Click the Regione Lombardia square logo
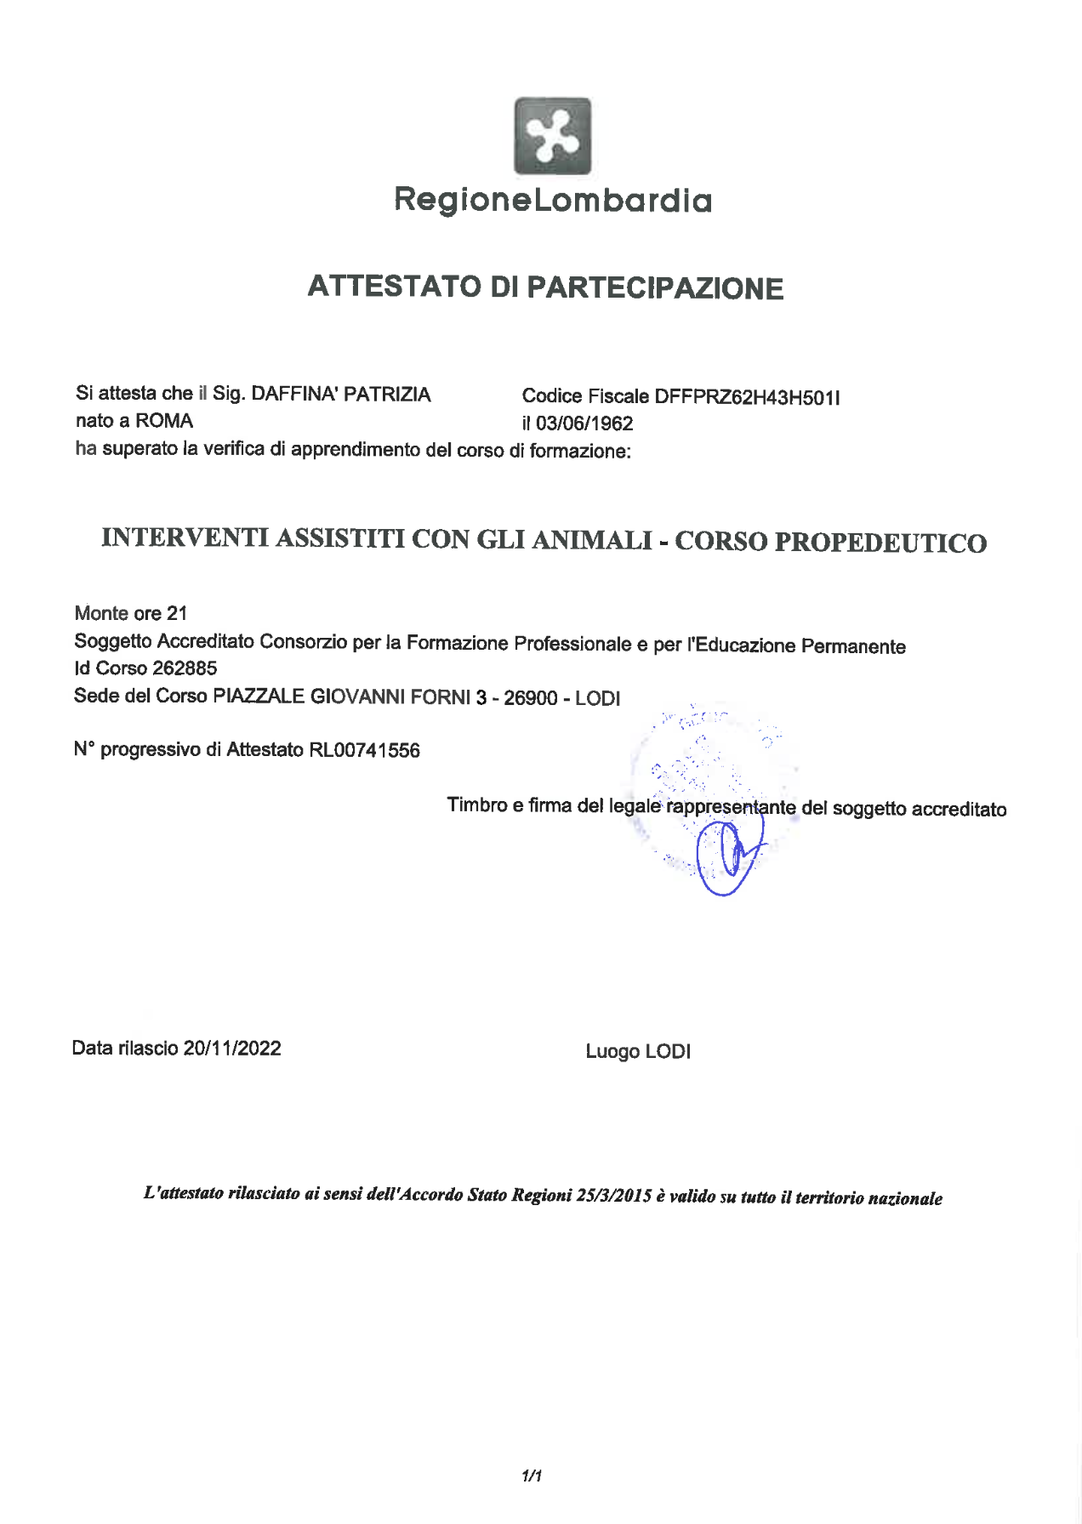tap(552, 136)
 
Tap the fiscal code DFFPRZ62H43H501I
tap(747, 397)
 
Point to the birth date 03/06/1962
tap(584, 424)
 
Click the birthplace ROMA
tap(164, 421)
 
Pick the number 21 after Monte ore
tap(177, 613)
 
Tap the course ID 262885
tap(185, 668)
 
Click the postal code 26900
tap(531, 698)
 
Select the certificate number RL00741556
tap(364, 750)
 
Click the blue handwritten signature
tap(729, 855)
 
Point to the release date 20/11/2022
tap(232, 1049)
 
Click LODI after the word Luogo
tap(668, 1052)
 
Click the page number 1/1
tap(532, 1476)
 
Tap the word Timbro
tap(477, 805)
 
